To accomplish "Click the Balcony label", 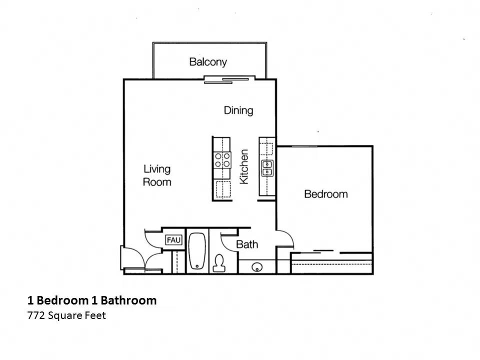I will [x=207, y=62].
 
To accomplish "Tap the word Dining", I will [x=238, y=110].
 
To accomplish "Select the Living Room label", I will [x=157, y=175].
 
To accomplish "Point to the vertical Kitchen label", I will [x=244, y=166].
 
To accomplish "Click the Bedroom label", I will [x=325, y=194].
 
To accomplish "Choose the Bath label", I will [x=247, y=244].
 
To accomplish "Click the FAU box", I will [x=173, y=240].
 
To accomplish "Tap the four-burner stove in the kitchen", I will [x=222, y=160].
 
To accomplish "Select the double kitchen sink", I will [x=267, y=168].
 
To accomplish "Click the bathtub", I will [x=197, y=251].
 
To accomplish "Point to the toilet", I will [x=219, y=263].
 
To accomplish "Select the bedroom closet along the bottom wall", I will [x=332, y=262].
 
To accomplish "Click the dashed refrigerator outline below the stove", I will [x=222, y=190].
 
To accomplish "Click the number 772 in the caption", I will [x=36, y=315].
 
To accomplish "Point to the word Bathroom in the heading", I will [x=128, y=300].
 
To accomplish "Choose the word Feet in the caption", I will [x=96, y=315].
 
